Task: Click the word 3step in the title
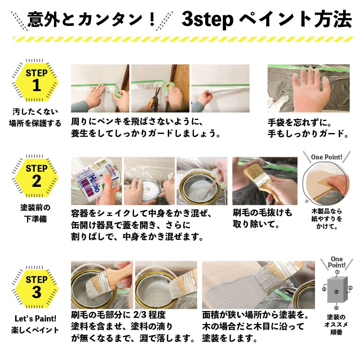(207, 19)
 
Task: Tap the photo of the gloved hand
(309, 89)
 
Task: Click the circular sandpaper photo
(326, 184)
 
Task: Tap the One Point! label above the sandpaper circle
(327, 157)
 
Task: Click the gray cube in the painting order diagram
(337, 290)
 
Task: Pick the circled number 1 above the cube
(337, 272)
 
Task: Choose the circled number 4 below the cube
(336, 308)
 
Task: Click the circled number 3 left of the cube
(324, 289)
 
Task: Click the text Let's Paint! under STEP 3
(35, 319)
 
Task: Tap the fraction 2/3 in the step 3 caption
(140, 315)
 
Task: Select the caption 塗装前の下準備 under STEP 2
(35, 213)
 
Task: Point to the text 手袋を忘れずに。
(300, 123)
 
